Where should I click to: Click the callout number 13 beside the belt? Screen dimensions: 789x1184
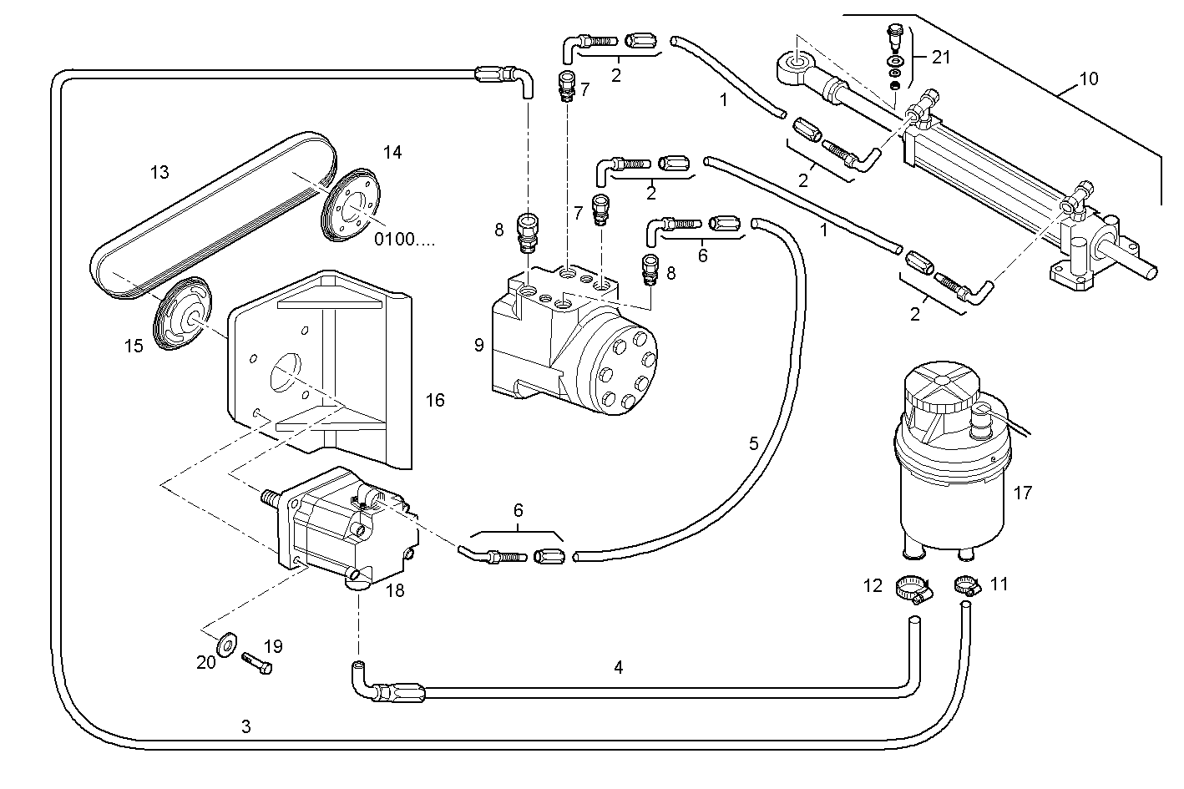coord(159,173)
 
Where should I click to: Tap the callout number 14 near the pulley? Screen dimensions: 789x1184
coord(392,152)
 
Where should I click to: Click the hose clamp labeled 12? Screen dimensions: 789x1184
coord(914,589)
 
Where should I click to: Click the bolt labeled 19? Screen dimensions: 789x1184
coord(258,663)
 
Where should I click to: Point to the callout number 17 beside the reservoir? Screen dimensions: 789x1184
coord(1022,493)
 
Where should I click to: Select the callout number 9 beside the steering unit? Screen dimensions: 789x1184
coord(478,345)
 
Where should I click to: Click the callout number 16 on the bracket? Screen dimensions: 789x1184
coord(434,401)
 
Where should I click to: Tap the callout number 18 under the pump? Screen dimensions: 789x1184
coord(395,590)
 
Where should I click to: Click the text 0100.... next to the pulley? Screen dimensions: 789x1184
coord(404,240)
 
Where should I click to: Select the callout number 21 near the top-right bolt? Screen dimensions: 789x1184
coord(941,57)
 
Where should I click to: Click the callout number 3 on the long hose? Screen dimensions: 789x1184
coord(245,726)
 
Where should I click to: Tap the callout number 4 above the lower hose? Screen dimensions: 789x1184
coord(618,667)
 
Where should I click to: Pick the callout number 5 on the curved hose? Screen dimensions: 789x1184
coord(753,443)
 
